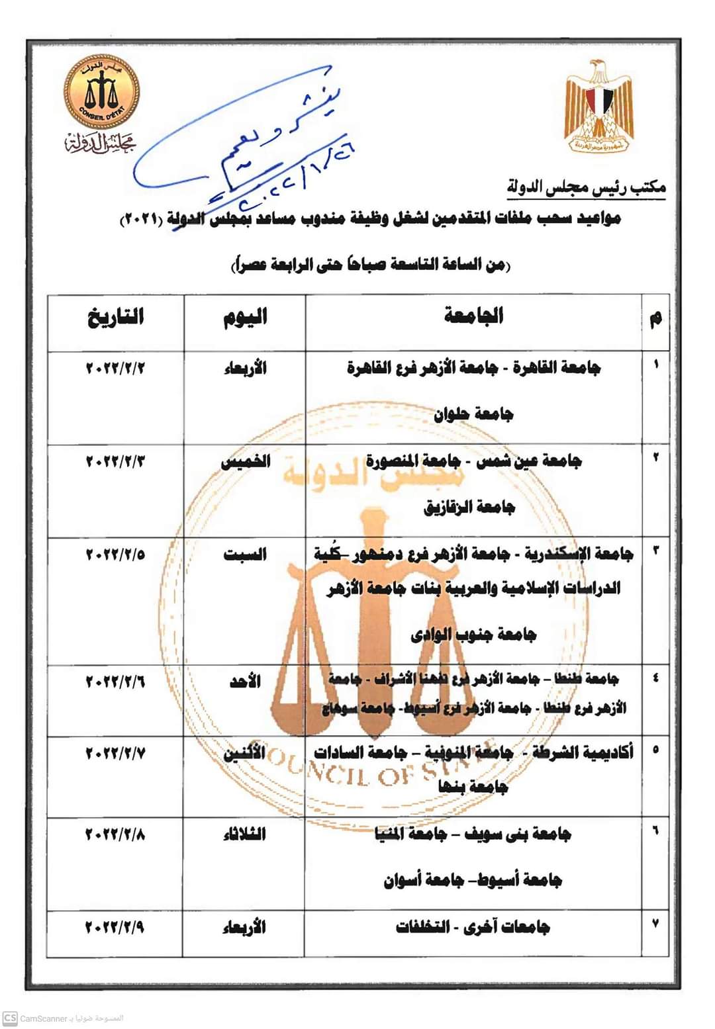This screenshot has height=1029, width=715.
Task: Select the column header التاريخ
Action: [x=115, y=318]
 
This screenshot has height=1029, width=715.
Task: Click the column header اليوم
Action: [x=244, y=318]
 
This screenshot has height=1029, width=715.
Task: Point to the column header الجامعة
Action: [x=473, y=316]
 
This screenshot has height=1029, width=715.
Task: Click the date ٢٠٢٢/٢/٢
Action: [x=115, y=369]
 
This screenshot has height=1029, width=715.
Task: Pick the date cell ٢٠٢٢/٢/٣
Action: [x=115, y=461]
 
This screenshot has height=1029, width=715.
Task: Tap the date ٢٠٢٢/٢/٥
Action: [x=115, y=555]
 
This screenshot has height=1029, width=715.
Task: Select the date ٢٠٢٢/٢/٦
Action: [x=115, y=681]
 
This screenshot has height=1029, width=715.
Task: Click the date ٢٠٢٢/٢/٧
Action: [x=115, y=753]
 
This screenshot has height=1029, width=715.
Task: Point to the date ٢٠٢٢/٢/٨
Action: [x=115, y=834]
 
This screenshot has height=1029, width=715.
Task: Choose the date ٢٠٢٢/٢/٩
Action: [x=115, y=928]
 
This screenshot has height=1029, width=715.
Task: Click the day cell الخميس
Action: [x=245, y=462]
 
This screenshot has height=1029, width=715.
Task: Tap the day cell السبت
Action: [x=245, y=555]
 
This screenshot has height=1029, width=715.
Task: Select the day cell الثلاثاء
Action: [x=244, y=835]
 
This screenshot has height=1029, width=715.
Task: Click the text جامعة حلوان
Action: [x=473, y=415]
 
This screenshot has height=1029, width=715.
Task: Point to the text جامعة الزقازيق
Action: [x=469, y=508]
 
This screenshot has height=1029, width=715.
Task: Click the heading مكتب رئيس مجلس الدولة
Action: [x=587, y=187]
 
